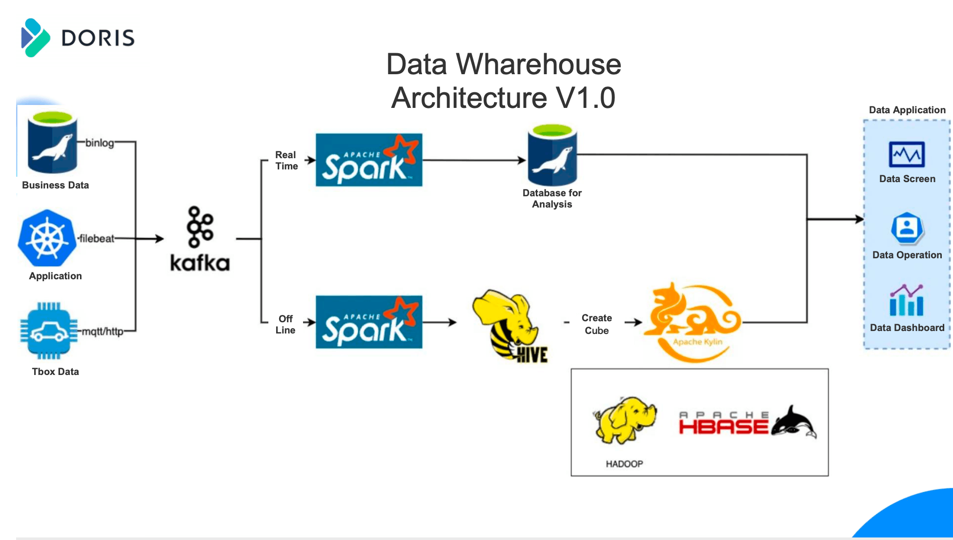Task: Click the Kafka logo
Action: (x=200, y=239)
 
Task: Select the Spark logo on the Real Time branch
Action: (x=369, y=160)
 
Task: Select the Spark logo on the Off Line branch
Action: (x=369, y=322)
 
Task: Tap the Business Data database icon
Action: (x=53, y=143)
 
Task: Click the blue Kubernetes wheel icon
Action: (x=47, y=239)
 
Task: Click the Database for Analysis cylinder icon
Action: (x=552, y=155)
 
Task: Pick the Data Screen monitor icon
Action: (x=907, y=155)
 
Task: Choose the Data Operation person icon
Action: (x=907, y=228)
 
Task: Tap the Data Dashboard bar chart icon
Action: (x=907, y=301)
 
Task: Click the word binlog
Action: (x=100, y=143)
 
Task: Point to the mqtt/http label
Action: (x=102, y=332)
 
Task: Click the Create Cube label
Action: (x=596, y=324)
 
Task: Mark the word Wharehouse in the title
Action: (x=538, y=64)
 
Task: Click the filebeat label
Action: (x=97, y=239)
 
